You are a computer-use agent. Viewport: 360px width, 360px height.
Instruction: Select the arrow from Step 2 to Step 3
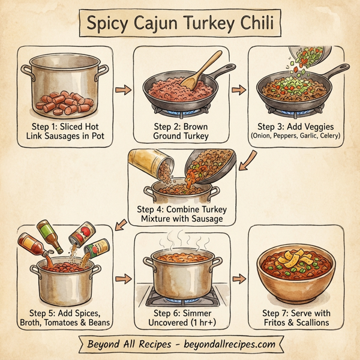point(238,90)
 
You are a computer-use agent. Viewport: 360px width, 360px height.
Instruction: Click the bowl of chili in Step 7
point(295,273)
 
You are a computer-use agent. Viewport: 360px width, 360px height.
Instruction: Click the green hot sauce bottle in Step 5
point(50,236)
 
